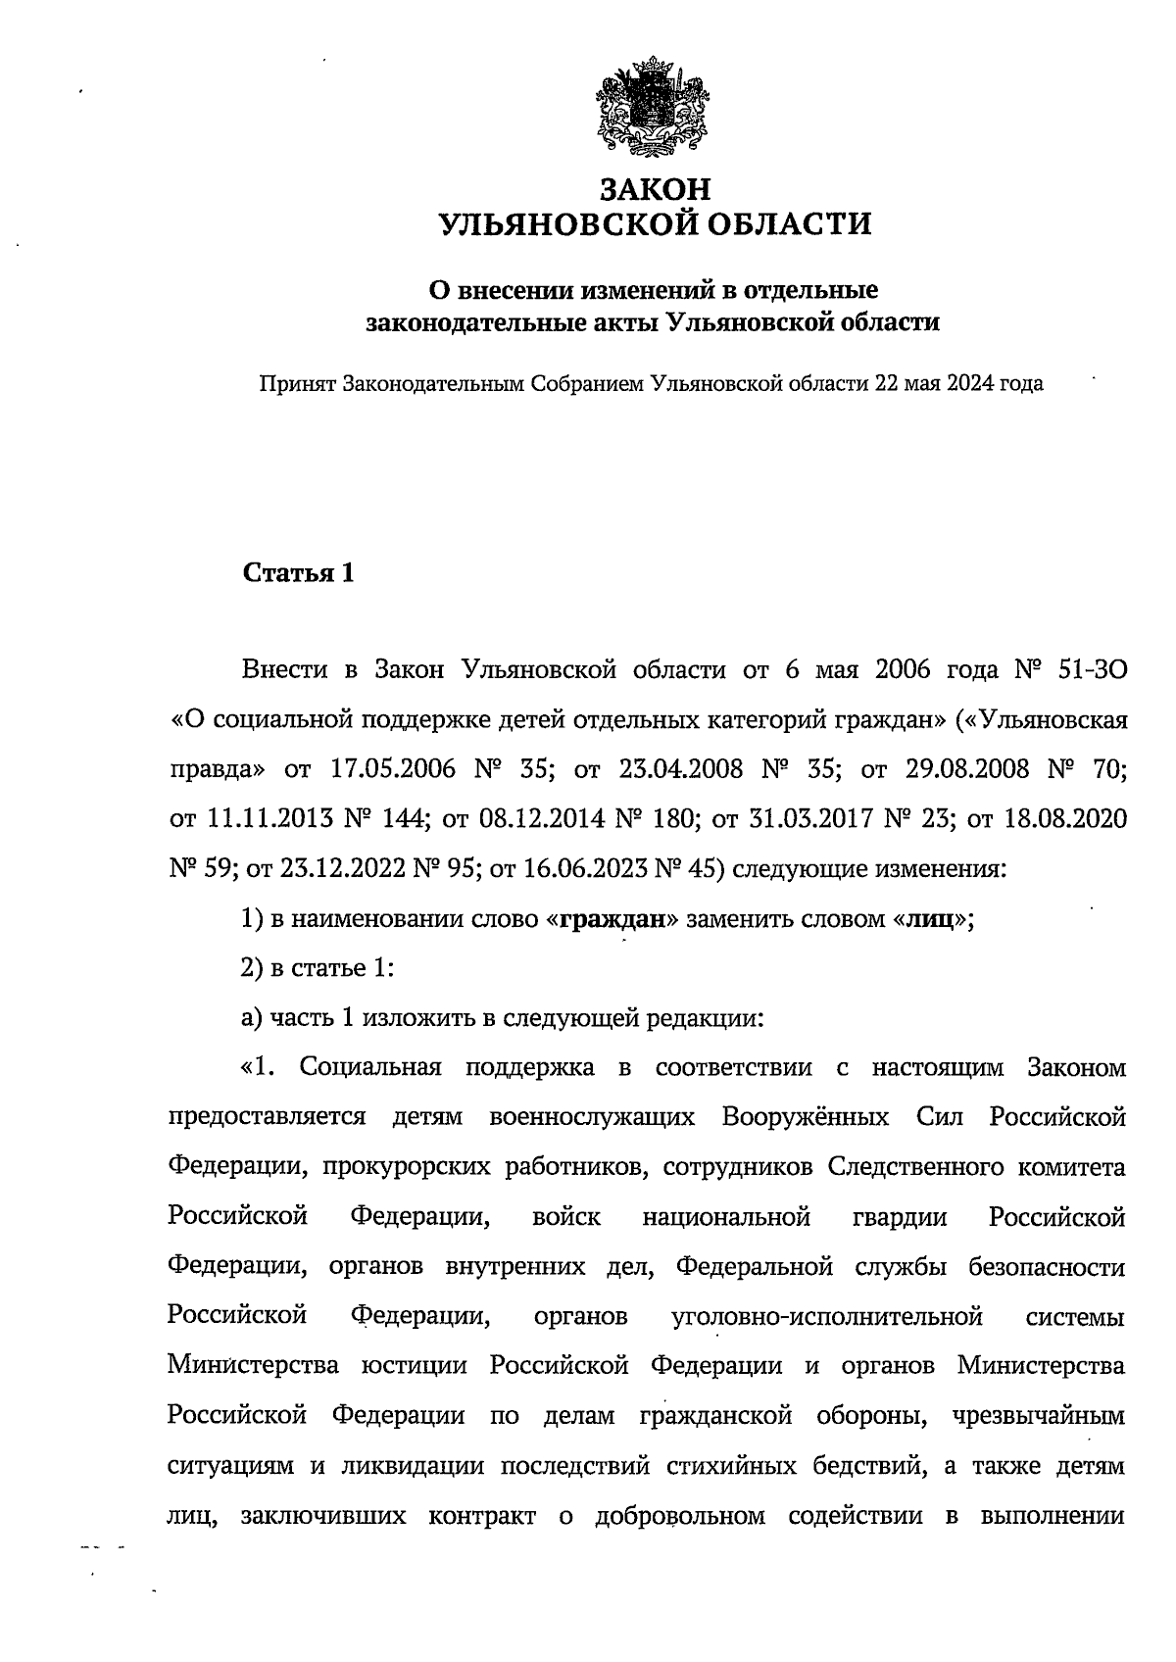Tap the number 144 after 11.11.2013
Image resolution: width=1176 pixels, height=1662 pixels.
406,819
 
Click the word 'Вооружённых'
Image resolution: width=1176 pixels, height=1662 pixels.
806,1118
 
